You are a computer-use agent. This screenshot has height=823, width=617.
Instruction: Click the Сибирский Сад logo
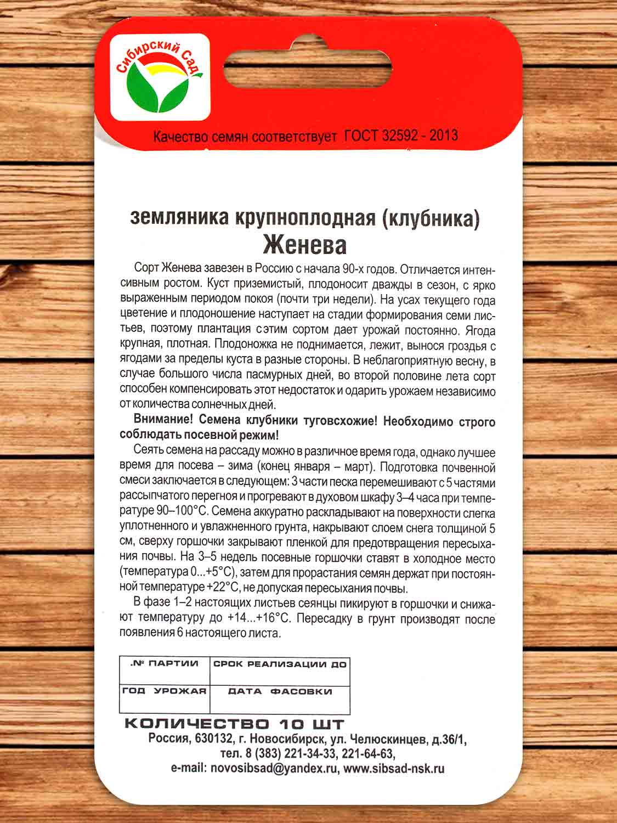[x=160, y=77]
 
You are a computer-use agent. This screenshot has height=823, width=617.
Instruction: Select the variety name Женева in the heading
[x=304, y=245]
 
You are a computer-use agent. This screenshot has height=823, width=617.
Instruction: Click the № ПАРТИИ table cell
[x=165, y=670]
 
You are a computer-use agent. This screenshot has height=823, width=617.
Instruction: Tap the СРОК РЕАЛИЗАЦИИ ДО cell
[x=280, y=670]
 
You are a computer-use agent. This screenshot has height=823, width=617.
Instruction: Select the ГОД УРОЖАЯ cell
[x=165, y=698]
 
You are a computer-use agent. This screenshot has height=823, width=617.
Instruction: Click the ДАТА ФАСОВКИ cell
[x=280, y=698]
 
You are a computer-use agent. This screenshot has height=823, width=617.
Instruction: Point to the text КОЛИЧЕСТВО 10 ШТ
[x=235, y=724]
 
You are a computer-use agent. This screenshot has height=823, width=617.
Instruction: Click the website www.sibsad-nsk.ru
[x=394, y=769]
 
